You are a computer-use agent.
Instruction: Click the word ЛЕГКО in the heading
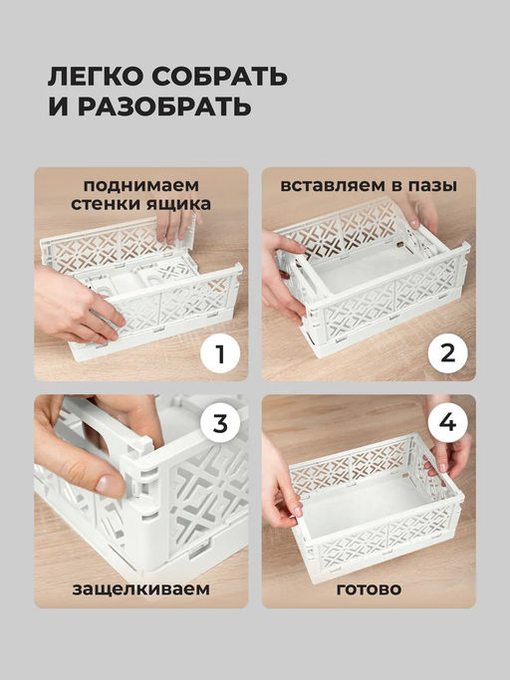(96, 77)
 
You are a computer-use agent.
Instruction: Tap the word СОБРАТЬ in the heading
(219, 77)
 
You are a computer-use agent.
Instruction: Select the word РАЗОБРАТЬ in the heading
(164, 107)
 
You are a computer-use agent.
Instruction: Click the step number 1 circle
(220, 354)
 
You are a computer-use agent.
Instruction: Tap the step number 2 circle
(447, 354)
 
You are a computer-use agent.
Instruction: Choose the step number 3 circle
(220, 423)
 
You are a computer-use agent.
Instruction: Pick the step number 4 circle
(447, 423)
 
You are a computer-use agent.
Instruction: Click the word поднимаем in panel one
(141, 185)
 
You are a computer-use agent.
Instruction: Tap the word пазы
(432, 185)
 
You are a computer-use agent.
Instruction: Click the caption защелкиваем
(141, 589)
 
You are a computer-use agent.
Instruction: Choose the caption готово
(369, 589)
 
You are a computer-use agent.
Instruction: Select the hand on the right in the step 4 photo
(447, 451)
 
